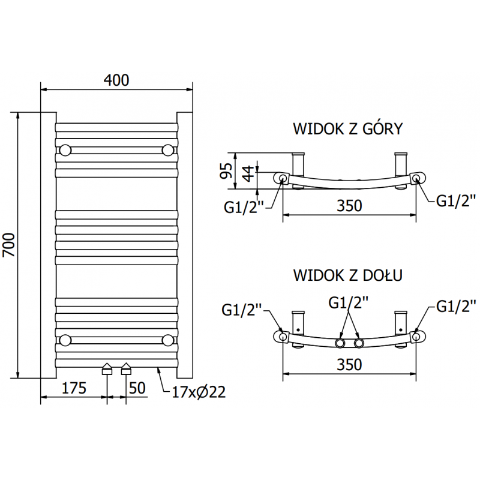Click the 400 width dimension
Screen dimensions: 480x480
click(117, 80)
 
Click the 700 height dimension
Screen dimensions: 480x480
click(10, 245)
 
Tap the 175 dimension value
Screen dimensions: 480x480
click(74, 388)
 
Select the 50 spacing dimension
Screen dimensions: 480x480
click(137, 388)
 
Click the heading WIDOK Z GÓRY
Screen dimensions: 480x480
click(347, 129)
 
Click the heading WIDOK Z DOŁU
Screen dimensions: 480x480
click(347, 275)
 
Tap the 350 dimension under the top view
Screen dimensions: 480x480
click(349, 205)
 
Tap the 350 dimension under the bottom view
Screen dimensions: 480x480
click(349, 365)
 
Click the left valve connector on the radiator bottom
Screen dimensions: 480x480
click(107, 368)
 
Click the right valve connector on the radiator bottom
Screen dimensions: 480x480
click(127, 368)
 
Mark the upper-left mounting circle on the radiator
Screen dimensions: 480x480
click(65, 150)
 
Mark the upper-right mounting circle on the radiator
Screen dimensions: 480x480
click(168, 150)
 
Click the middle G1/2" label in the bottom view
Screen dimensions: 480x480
click(348, 302)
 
